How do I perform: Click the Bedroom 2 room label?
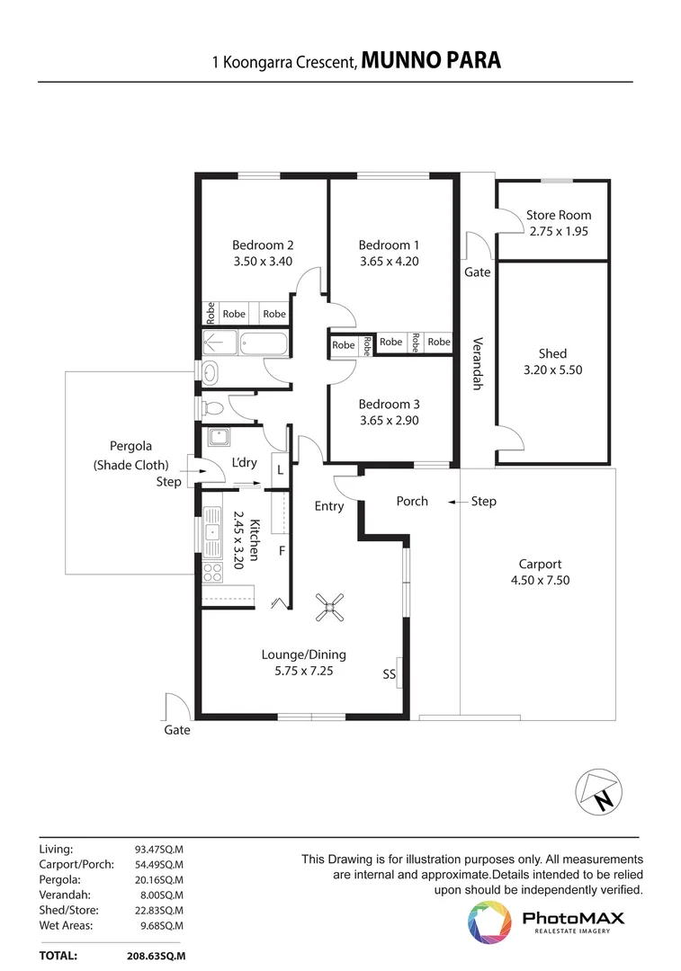click(x=263, y=245)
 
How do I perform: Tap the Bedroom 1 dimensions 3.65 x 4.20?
click(x=390, y=262)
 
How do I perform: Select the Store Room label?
click(x=559, y=216)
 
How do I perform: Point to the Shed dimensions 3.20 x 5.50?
click(x=552, y=370)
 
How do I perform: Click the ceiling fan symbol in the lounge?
click(x=329, y=607)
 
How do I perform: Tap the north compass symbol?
click(x=598, y=792)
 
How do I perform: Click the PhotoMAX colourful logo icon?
click(x=489, y=922)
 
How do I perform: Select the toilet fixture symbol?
click(x=211, y=409)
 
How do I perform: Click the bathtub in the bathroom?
click(x=264, y=343)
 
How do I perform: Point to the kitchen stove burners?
click(x=212, y=572)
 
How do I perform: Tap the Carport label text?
click(x=541, y=564)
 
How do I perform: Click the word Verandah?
click(x=477, y=363)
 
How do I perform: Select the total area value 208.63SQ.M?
click(x=157, y=956)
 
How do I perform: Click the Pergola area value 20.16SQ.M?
click(x=159, y=880)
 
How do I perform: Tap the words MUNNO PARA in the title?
click(x=431, y=60)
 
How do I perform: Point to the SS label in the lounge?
click(x=389, y=674)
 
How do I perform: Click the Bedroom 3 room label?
click(x=390, y=405)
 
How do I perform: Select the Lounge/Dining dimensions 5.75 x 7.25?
click(x=304, y=671)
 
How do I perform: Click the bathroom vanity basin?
click(x=211, y=372)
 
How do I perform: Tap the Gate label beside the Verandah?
click(x=477, y=272)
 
